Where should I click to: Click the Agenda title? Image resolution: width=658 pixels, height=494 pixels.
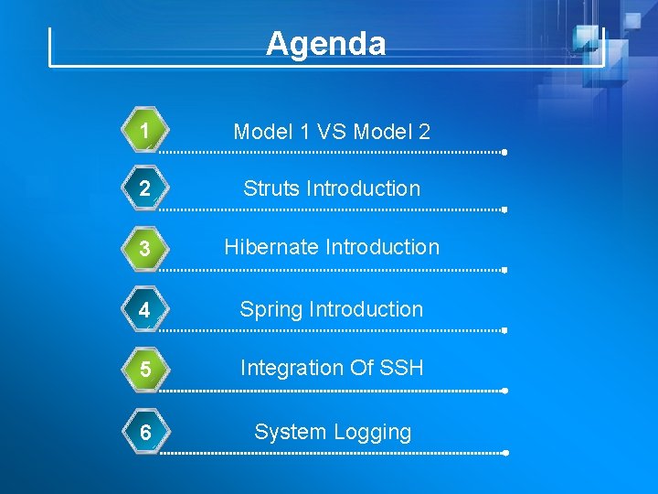(326, 43)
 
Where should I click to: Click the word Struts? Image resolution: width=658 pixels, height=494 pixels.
(271, 188)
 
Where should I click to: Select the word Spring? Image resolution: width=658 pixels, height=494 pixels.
(271, 310)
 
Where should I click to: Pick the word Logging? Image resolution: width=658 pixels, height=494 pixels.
(375, 433)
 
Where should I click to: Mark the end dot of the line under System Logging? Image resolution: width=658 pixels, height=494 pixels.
(504, 453)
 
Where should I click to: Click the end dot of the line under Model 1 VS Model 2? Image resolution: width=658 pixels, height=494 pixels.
(504, 153)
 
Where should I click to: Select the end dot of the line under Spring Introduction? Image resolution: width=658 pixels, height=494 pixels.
(504, 330)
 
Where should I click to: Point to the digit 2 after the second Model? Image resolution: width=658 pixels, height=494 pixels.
(424, 132)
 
